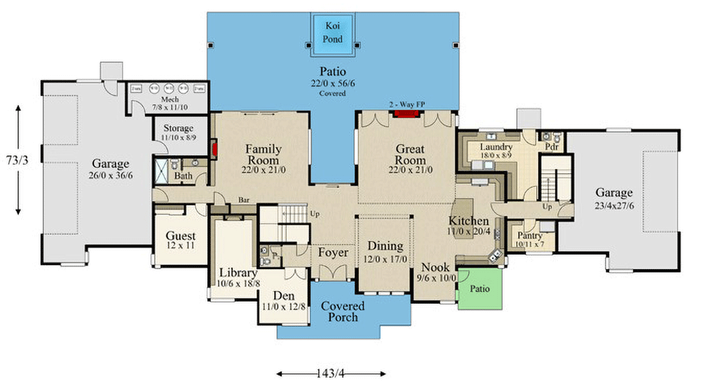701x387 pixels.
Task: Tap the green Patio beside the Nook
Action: tap(480, 288)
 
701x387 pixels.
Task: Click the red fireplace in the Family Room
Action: tap(214, 149)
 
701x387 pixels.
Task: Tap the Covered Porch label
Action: tap(343, 311)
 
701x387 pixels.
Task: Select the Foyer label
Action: tap(333, 252)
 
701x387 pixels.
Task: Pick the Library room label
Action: tap(238, 273)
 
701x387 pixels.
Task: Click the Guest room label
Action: tap(180, 236)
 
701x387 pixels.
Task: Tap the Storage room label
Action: tap(178, 129)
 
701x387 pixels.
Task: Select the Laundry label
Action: tap(496, 147)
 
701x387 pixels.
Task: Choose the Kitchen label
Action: tap(468, 222)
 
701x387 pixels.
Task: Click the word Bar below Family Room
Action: tap(245, 199)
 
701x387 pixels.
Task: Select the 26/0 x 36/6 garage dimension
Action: tap(121, 175)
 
